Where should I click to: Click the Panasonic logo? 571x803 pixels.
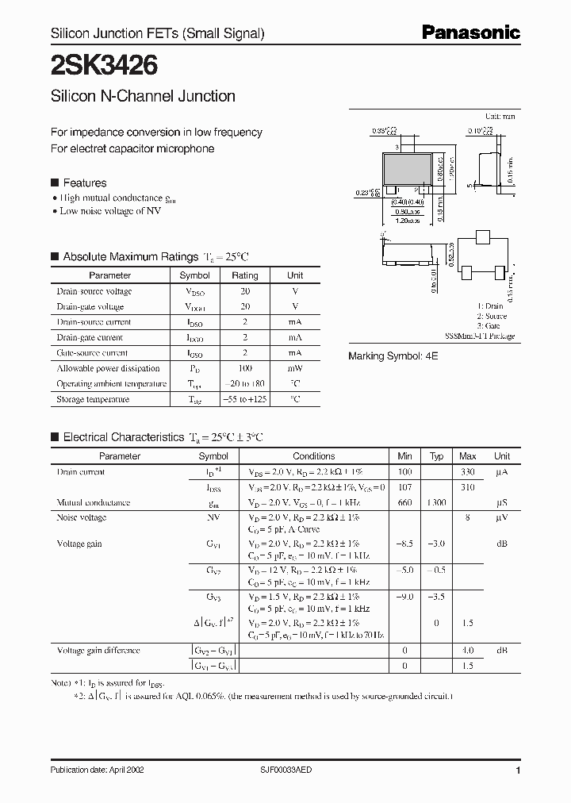click(x=470, y=33)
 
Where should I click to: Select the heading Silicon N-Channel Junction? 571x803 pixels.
click(x=143, y=96)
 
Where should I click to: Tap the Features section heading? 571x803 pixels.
click(x=84, y=182)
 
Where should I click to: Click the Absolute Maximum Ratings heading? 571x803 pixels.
click(x=130, y=256)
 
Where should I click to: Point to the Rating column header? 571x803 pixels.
click(x=244, y=275)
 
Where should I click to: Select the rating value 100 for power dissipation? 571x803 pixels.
click(x=244, y=368)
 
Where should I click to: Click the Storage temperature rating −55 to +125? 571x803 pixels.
click(x=244, y=399)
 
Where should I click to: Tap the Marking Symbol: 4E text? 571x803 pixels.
click(x=393, y=357)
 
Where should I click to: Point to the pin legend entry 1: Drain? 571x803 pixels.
click(x=490, y=305)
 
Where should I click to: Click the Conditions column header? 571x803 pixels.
click(x=314, y=456)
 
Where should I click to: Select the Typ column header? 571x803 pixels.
click(x=436, y=456)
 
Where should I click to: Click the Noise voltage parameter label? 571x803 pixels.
click(x=82, y=517)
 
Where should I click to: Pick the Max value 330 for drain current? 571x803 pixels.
click(x=468, y=472)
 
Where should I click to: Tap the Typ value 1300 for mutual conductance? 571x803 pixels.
click(x=436, y=502)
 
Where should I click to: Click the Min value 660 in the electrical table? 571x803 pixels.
click(x=404, y=502)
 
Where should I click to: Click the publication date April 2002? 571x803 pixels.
click(x=98, y=770)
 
